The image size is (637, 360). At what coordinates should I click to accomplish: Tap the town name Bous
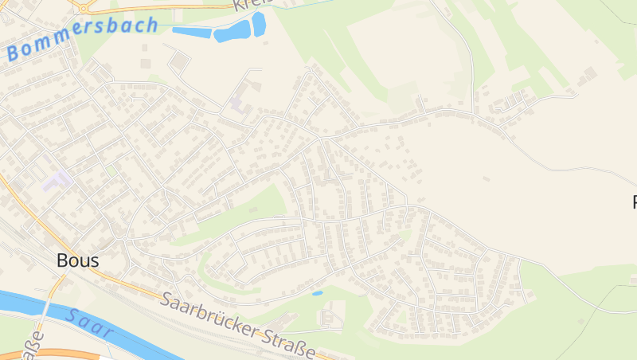(78, 260)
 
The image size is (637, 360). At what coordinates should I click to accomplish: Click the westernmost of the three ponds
(191, 33)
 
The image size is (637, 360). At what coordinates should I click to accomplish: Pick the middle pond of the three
(233, 32)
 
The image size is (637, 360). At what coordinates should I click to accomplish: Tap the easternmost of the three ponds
(259, 23)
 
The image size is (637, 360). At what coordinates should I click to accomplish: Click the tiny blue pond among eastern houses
(318, 293)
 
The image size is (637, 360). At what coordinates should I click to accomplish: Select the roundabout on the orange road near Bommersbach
(82, 7)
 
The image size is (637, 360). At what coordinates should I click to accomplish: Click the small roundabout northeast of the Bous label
(125, 237)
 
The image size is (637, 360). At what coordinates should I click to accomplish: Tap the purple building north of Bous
(57, 179)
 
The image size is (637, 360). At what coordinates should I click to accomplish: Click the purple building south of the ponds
(239, 103)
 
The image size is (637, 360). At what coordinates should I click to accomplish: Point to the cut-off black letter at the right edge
(634, 202)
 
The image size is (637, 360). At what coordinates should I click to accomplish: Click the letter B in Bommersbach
(13, 54)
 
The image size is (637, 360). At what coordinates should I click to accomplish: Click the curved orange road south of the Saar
(64, 353)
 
